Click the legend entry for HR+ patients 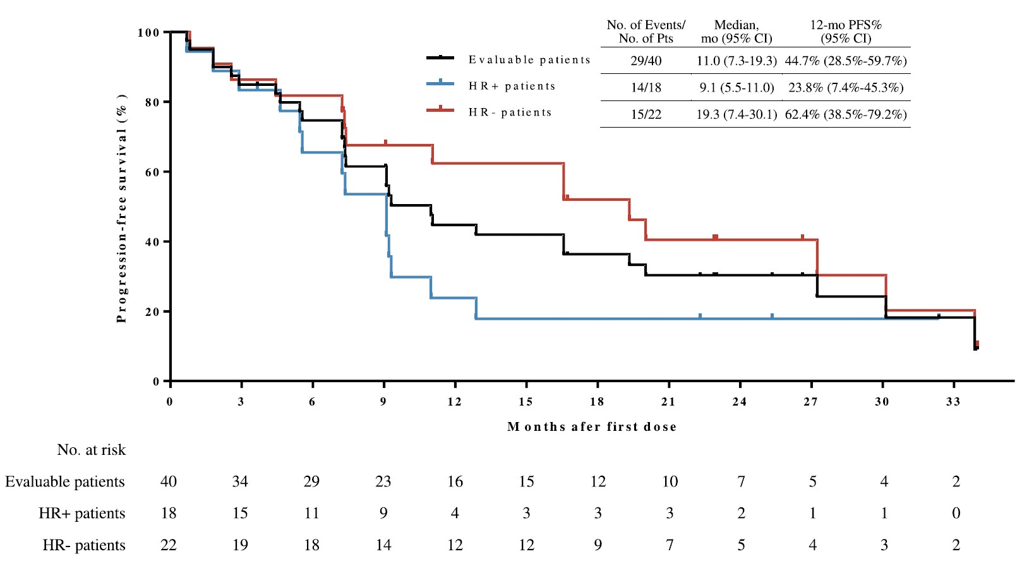(512, 86)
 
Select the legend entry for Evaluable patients (529, 59)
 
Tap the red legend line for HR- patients (440, 110)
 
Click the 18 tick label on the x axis (597, 402)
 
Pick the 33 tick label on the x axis (953, 402)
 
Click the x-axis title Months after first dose (592, 427)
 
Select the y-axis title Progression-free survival (122, 208)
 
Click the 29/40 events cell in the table (646, 61)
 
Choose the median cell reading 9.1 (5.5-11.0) (736, 88)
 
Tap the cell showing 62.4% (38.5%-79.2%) (846, 114)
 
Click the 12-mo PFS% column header (846, 32)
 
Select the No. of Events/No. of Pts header (646, 32)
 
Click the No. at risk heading (92, 450)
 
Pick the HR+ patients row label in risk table (82, 514)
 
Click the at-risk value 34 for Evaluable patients (240, 482)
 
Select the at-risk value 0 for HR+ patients (956, 514)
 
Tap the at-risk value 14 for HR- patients (383, 545)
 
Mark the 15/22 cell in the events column (646, 114)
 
